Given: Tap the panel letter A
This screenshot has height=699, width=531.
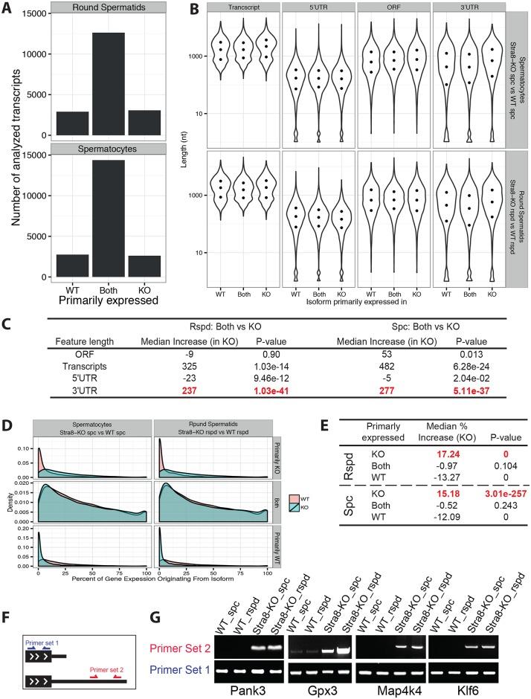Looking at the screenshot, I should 7,10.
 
